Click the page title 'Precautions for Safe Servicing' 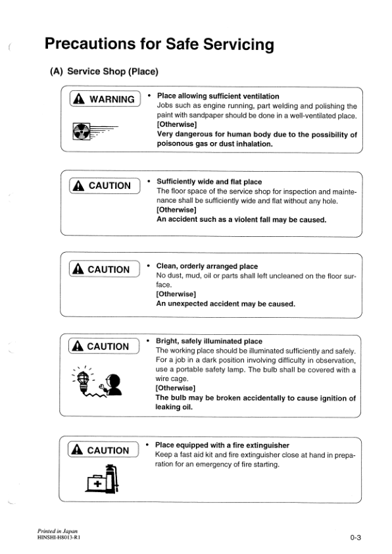pyautogui.click(x=159, y=44)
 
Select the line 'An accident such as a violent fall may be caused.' pyautogui.click(x=241, y=220)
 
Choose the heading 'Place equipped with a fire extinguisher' pyautogui.click(x=222, y=445)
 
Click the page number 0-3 pyautogui.click(x=356, y=538)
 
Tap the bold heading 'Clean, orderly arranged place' pyautogui.click(x=207, y=266)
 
